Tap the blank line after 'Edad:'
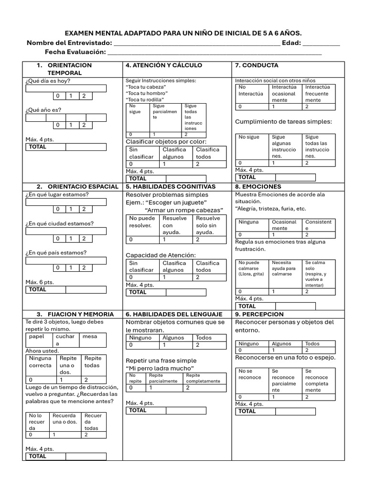(x=322, y=43)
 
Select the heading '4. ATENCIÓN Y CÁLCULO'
(x=164, y=65)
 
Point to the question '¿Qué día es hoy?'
(x=48, y=81)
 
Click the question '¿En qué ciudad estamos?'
(x=59, y=223)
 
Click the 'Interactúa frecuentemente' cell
(x=318, y=94)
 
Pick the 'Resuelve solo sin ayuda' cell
(x=208, y=225)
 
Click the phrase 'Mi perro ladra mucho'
(x=160, y=369)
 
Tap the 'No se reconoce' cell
(x=251, y=374)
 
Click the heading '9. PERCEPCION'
(x=259, y=314)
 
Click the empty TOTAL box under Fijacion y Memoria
(x=86, y=457)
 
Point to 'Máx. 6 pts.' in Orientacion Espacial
(x=40, y=282)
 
